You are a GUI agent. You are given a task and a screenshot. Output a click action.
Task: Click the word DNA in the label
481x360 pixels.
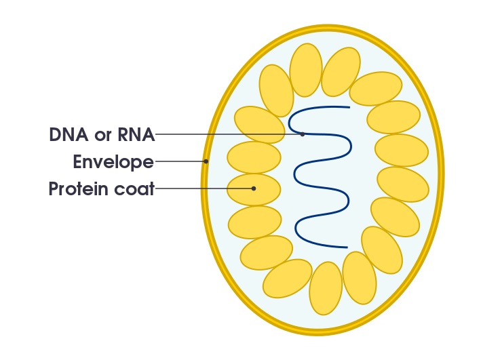tap(69, 134)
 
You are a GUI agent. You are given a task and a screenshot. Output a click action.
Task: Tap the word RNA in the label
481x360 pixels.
tap(136, 134)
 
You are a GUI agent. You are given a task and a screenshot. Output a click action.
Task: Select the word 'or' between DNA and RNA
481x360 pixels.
tap(103, 136)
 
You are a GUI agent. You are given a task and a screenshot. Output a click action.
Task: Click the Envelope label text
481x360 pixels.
tap(113, 162)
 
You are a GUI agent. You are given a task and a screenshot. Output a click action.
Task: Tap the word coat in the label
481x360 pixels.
tap(134, 188)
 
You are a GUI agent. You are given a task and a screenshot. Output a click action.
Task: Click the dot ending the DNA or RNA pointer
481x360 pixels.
tap(303, 134)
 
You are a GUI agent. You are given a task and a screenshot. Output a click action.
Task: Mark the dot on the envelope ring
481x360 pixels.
tap(206, 161)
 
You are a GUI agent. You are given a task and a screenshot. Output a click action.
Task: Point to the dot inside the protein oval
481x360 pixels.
tap(254, 188)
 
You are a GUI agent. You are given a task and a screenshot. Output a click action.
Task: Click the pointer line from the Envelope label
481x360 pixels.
tap(180, 161)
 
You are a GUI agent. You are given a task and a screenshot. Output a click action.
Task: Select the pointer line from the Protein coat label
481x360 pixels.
tap(204, 188)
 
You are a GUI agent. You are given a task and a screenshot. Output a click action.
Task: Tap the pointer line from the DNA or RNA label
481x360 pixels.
tap(224, 134)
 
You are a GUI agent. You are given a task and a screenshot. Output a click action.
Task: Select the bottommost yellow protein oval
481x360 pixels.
tap(326, 288)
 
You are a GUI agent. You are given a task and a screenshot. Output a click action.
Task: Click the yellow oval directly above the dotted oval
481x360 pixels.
tap(254, 157)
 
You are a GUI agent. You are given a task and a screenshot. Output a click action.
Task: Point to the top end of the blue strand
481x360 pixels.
tap(349, 106)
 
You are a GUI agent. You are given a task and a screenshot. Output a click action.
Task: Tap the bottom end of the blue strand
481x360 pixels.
tap(347, 247)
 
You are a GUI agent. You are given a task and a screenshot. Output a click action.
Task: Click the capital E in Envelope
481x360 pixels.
tap(77, 162)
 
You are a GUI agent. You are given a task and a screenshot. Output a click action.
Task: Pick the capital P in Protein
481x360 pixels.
tap(54, 188)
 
